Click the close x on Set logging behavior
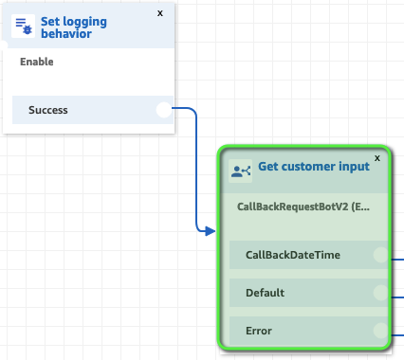159,13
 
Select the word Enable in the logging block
37,63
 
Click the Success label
47,110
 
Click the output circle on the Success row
164,110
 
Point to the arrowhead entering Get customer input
210,230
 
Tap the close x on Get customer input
377,158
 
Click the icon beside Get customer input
242,171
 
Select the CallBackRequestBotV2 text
303,206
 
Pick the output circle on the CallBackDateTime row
380,255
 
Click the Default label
265,293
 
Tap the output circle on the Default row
380,293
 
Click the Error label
259,331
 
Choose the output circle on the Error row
380,331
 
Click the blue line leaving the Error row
397,333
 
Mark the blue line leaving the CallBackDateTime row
397,256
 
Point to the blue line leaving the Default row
397,295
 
